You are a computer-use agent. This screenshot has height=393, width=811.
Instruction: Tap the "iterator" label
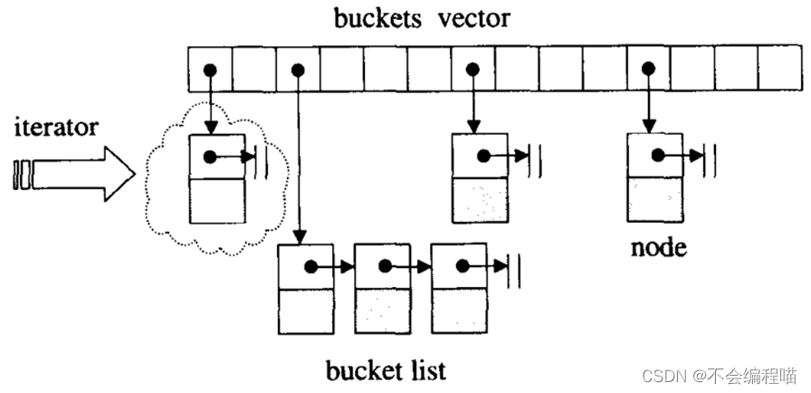click(55, 127)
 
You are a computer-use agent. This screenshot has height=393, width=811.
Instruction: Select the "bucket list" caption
click(387, 370)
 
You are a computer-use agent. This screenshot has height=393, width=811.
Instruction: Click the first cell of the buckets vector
click(209, 69)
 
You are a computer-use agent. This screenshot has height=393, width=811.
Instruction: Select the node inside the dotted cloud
click(217, 178)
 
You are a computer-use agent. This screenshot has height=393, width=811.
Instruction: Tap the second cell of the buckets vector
click(253, 69)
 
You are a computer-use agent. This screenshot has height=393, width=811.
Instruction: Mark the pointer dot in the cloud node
click(210, 157)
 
